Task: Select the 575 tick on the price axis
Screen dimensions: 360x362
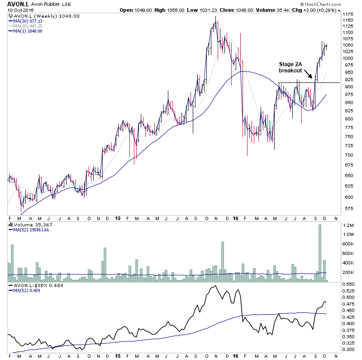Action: coord(347,209)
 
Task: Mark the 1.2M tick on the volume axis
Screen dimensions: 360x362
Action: coord(348,225)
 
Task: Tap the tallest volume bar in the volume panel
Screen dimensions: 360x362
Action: coord(319,253)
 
